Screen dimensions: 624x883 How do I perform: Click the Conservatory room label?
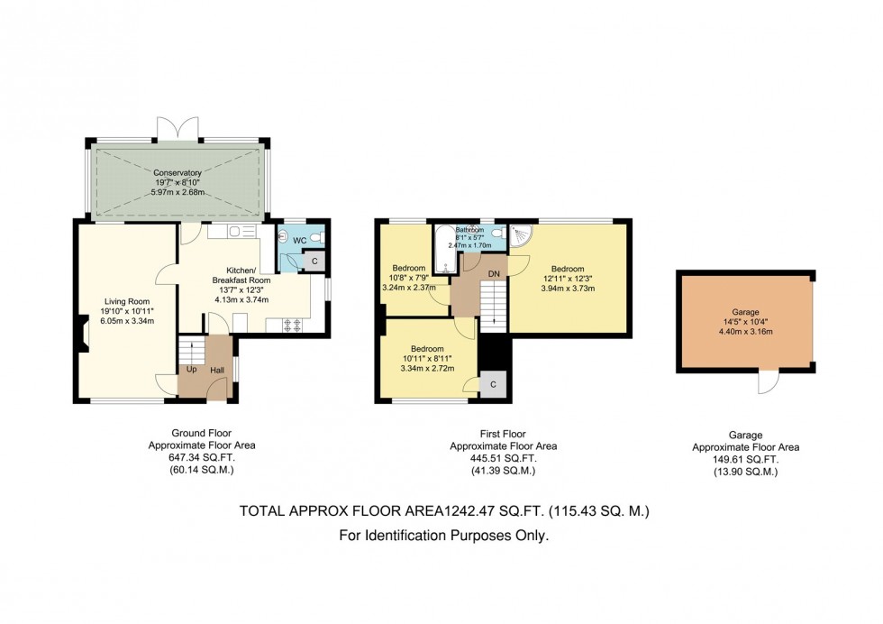[177, 172]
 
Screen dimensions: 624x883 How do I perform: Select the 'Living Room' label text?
[126, 302]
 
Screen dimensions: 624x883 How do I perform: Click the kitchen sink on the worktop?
[240, 232]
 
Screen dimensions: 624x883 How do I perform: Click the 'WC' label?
[301, 241]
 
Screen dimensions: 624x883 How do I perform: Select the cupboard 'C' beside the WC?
[314, 262]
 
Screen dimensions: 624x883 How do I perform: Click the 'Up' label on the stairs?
[191, 370]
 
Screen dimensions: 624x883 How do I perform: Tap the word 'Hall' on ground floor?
[217, 370]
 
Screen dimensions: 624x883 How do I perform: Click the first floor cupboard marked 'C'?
[493, 384]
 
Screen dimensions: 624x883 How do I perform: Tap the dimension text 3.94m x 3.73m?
[568, 289]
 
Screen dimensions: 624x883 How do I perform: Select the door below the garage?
[767, 383]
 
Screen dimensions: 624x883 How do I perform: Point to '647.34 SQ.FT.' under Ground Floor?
[202, 458]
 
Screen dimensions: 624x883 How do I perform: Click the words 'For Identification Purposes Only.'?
[443, 536]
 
